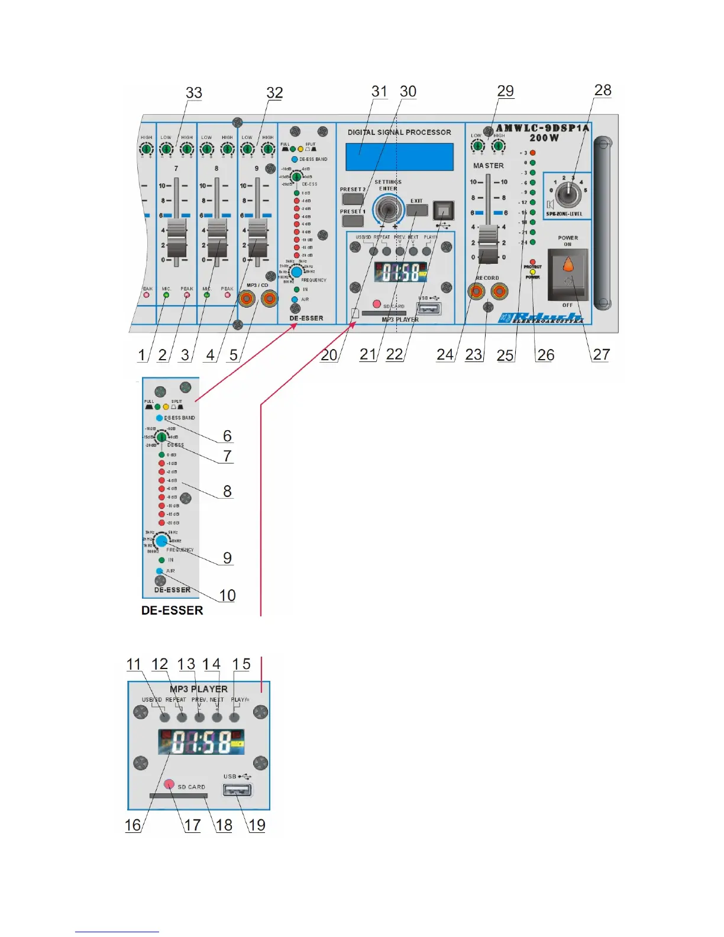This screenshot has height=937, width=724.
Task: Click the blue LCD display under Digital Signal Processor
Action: pyautogui.click(x=399, y=157)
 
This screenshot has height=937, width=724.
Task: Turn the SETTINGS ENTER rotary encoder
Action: pyautogui.click(x=388, y=209)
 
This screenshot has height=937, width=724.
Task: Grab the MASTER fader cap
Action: pyautogui.click(x=488, y=244)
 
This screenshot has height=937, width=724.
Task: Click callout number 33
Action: pyautogui.click(x=194, y=93)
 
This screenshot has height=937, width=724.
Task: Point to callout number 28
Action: pyautogui.click(x=603, y=90)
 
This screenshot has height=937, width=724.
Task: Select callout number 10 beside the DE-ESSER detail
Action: pyautogui.click(x=227, y=595)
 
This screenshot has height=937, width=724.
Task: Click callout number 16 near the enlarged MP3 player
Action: pyautogui.click(x=133, y=825)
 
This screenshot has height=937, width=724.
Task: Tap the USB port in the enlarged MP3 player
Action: pyautogui.click(x=238, y=790)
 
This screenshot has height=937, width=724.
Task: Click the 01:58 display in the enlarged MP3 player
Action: pyautogui.click(x=201, y=742)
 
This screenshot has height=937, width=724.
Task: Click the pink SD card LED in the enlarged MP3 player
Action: pyautogui.click(x=169, y=784)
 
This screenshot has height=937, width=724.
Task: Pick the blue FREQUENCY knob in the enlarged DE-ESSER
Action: pyautogui.click(x=161, y=541)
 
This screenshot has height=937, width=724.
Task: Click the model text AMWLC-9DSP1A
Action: pyautogui.click(x=542, y=128)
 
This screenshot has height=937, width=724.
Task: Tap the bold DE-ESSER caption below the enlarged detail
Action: pyautogui.click(x=172, y=610)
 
